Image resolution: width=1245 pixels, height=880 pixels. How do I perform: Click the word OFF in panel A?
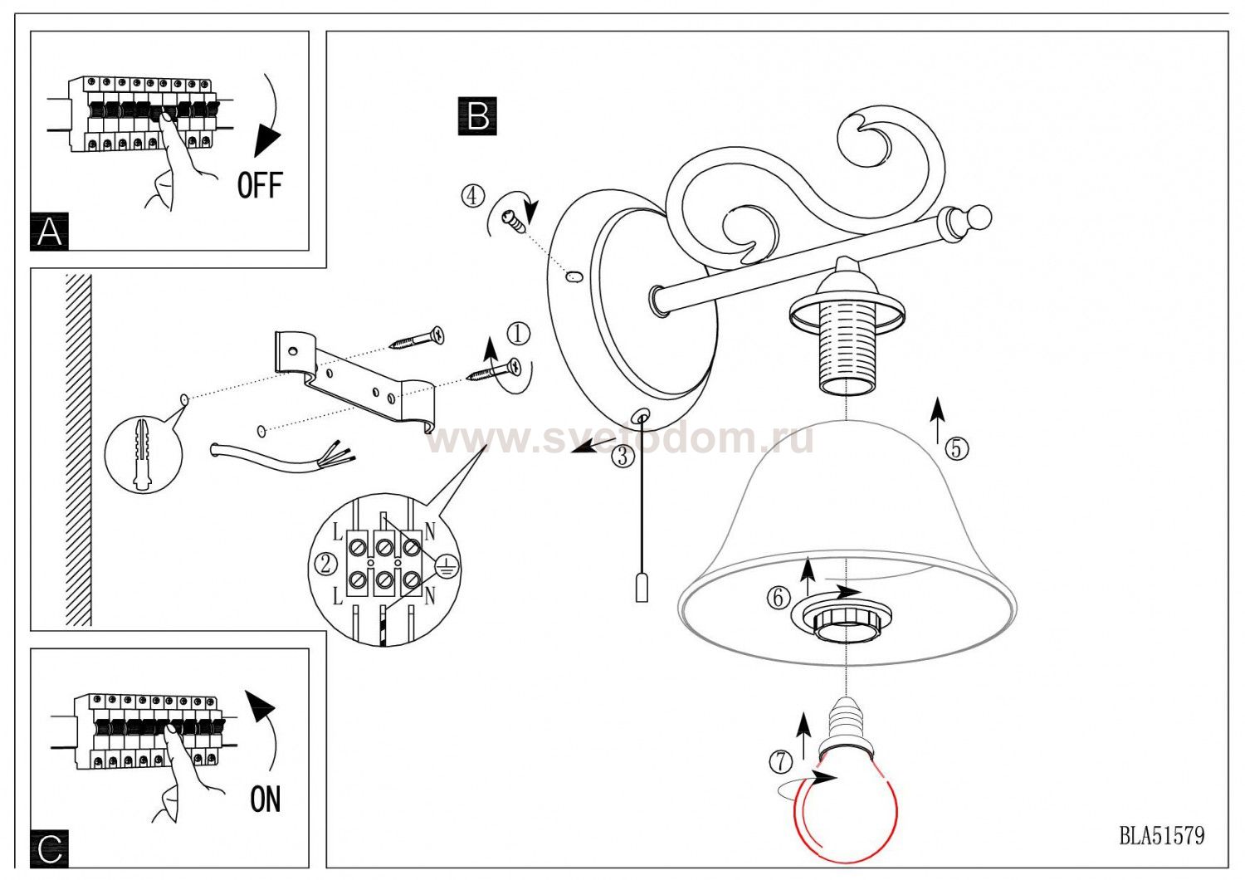point(260,185)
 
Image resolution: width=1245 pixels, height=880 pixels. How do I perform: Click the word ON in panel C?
point(265,799)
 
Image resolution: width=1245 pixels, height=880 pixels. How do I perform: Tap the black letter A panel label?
point(50,232)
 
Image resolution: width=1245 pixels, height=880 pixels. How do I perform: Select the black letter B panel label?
point(477,116)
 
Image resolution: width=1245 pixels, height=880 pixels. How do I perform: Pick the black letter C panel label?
point(50,849)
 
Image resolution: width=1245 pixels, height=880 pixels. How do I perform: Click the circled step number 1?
point(518,333)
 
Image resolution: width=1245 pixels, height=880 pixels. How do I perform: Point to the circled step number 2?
point(326,565)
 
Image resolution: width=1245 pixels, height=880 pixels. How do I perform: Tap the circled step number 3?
point(623,457)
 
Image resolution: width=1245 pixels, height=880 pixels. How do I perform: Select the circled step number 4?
point(472,196)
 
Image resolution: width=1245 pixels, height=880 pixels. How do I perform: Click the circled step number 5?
point(956,448)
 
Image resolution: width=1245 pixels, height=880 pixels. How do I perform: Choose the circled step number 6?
point(779,598)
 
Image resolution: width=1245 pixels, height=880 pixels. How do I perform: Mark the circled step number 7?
point(781,761)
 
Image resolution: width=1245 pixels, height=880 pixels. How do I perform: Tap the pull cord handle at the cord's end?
point(642,587)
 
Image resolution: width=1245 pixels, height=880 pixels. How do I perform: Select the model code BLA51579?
point(1162,835)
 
